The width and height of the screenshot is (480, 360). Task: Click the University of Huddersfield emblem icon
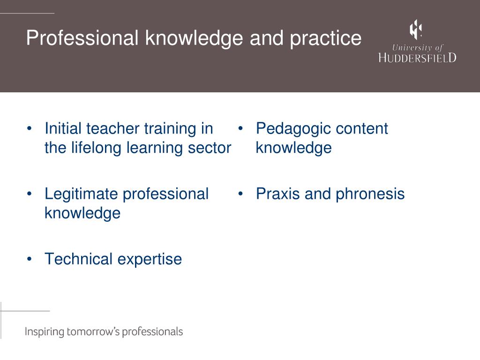416,30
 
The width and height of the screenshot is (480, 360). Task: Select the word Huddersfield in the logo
417,58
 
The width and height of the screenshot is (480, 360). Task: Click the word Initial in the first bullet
63,128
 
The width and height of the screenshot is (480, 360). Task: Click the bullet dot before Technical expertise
30,259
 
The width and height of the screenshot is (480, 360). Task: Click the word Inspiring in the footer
44,332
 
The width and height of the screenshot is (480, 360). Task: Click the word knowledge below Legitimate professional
82,213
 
